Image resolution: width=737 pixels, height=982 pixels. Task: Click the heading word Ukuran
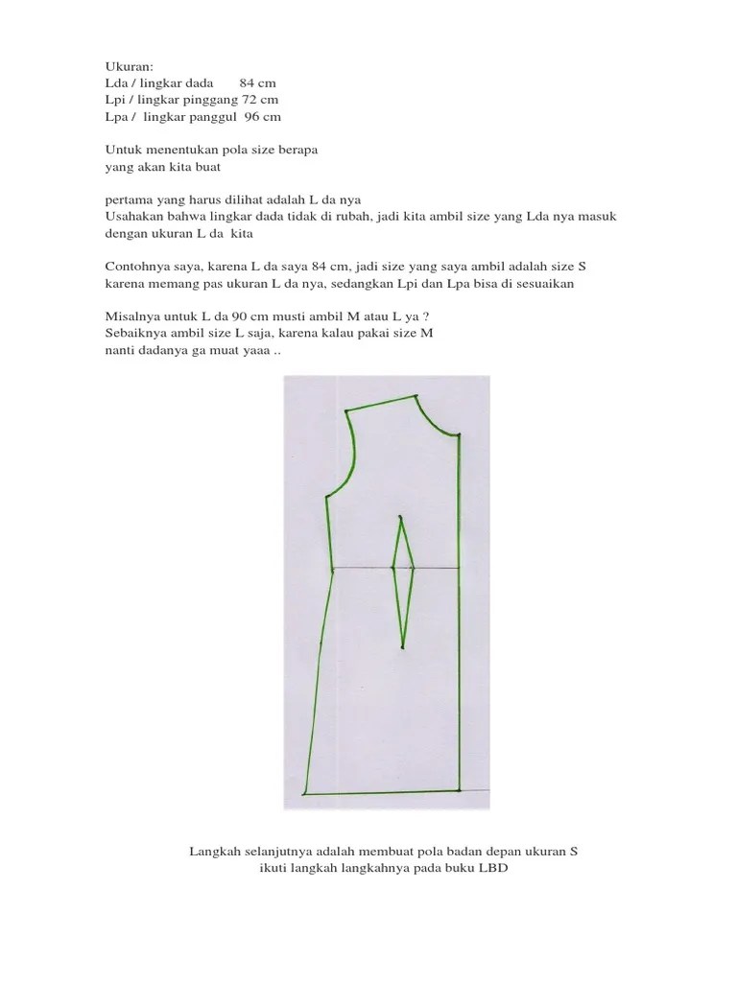[x=126, y=66]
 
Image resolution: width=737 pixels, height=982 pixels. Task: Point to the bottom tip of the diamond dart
[x=403, y=645]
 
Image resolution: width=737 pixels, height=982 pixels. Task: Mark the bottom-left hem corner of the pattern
[x=303, y=794]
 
